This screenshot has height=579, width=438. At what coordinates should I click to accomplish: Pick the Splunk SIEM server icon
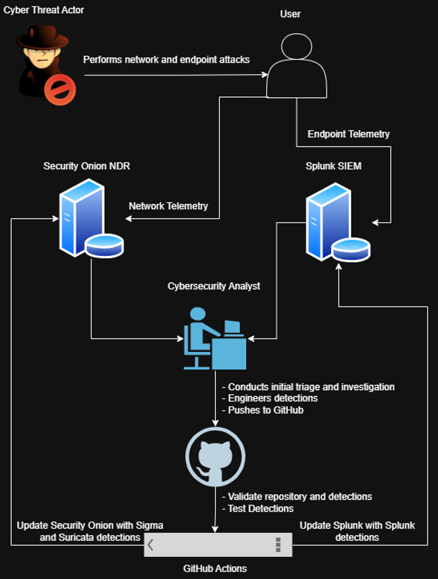tap(337, 223)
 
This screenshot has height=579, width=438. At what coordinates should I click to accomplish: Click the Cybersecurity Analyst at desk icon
tap(215, 339)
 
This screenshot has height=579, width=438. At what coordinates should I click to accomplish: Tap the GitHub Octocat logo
tap(215, 457)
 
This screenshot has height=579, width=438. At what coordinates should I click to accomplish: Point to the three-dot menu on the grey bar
tap(278, 545)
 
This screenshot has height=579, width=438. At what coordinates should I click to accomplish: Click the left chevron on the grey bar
tap(151, 545)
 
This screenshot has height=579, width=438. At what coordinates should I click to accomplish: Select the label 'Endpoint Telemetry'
tap(349, 134)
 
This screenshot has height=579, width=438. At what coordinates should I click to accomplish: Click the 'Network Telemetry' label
tap(168, 206)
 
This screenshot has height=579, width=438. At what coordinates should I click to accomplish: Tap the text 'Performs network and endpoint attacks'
tap(166, 60)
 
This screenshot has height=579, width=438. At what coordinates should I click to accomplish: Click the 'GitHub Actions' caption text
tap(215, 569)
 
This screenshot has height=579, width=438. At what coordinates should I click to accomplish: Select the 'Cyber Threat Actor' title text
tap(44, 10)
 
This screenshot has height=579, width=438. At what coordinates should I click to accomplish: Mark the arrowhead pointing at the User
tap(265, 75)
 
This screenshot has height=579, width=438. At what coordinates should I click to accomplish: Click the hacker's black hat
tap(43, 39)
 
